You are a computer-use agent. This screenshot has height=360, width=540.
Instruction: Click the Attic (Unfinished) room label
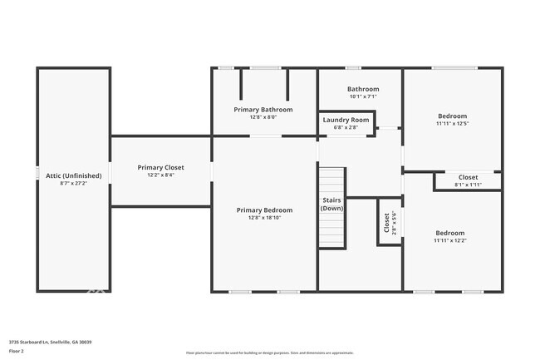(74, 175)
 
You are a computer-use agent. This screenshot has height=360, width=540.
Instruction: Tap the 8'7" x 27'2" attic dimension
(74, 184)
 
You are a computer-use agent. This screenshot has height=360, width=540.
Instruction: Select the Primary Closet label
(161, 167)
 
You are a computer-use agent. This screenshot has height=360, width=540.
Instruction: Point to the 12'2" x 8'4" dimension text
(161, 175)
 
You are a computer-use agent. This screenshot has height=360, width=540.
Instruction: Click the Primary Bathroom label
(263, 109)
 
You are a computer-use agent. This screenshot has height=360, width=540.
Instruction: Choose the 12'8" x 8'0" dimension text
(263, 117)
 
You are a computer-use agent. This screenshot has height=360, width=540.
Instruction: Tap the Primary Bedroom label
(264, 210)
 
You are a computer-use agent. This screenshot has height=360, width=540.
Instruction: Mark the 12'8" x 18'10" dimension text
(264, 218)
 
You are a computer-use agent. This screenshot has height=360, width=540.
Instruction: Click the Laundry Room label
(346, 120)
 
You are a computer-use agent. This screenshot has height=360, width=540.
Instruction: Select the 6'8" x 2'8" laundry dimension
(346, 127)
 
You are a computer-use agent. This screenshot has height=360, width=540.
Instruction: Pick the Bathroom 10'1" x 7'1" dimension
(362, 96)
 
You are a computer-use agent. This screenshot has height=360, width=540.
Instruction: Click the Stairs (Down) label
(332, 204)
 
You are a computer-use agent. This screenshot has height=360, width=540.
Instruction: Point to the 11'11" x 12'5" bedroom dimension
(452, 124)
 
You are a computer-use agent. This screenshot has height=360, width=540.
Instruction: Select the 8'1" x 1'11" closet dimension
(468, 185)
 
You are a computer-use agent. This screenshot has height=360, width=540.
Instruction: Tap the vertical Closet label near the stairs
(386, 222)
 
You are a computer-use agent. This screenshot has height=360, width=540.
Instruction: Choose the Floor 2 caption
(17, 352)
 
